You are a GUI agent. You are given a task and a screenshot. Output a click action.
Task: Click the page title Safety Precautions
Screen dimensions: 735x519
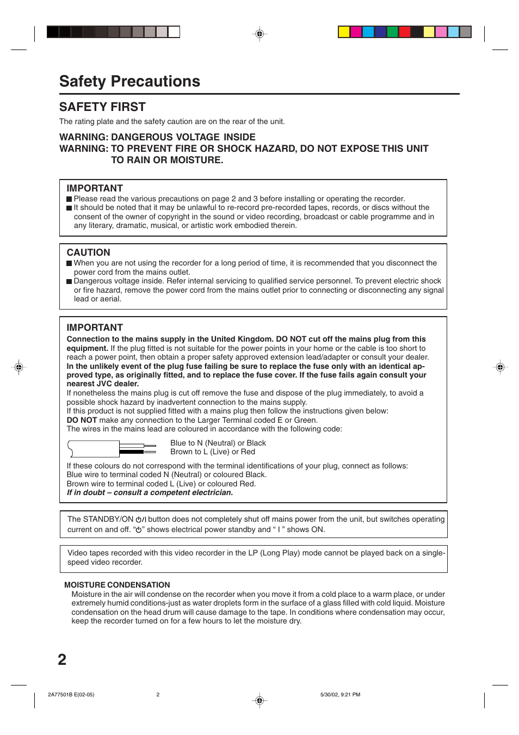129,81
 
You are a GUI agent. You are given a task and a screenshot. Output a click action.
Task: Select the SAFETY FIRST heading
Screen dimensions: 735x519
102,107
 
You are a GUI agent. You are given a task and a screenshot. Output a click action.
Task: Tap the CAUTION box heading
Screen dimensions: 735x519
88,252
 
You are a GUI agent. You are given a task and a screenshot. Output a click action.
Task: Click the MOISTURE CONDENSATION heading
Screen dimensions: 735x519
117,585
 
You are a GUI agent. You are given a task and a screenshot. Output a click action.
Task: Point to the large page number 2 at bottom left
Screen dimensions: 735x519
62,659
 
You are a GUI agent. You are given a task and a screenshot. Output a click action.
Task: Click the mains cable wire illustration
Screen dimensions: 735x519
112,449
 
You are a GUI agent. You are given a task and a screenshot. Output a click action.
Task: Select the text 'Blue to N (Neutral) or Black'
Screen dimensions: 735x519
218,443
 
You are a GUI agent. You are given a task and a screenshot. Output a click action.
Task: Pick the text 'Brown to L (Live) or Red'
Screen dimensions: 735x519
212,452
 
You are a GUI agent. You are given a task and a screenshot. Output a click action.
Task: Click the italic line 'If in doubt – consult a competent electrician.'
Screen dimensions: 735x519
150,492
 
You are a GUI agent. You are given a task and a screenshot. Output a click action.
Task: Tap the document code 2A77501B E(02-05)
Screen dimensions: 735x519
71,695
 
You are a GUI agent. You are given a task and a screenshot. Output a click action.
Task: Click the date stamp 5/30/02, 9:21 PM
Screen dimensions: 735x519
340,695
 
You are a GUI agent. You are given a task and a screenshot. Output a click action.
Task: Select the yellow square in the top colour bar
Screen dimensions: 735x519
344,32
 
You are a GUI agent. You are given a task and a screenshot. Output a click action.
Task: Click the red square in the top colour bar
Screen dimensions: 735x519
404,32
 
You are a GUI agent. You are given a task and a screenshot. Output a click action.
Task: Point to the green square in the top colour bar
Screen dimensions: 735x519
392,32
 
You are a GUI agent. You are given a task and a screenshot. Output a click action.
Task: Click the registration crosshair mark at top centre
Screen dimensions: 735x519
259,34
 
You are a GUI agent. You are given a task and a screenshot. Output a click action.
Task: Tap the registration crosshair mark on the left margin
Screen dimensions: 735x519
18,367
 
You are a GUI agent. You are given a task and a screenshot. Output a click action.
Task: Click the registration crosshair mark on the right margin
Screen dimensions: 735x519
500,367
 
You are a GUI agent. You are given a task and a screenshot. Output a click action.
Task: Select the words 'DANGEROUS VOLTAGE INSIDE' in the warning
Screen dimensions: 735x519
183,137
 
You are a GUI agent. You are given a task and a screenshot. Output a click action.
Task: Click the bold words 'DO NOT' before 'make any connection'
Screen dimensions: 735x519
82,420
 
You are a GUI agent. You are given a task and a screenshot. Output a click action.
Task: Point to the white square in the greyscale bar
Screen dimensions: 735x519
174,32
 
